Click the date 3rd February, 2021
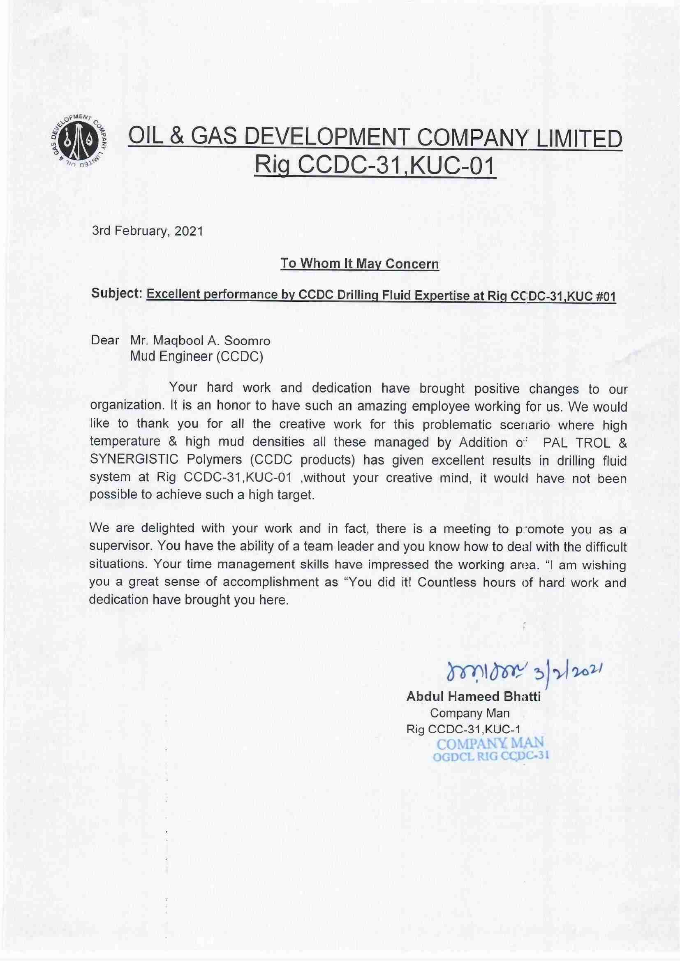pyautogui.click(x=148, y=231)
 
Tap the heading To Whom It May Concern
pyautogui.click(x=359, y=264)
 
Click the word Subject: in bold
pyautogui.click(x=117, y=293)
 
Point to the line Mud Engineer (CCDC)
pyautogui.click(x=197, y=357)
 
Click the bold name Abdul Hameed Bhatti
pyautogui.click(x=473, y=696)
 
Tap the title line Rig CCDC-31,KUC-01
pyautogui.click(x=375, y=166)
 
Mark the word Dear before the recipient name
pyautogui.click(x=105, y=340)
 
